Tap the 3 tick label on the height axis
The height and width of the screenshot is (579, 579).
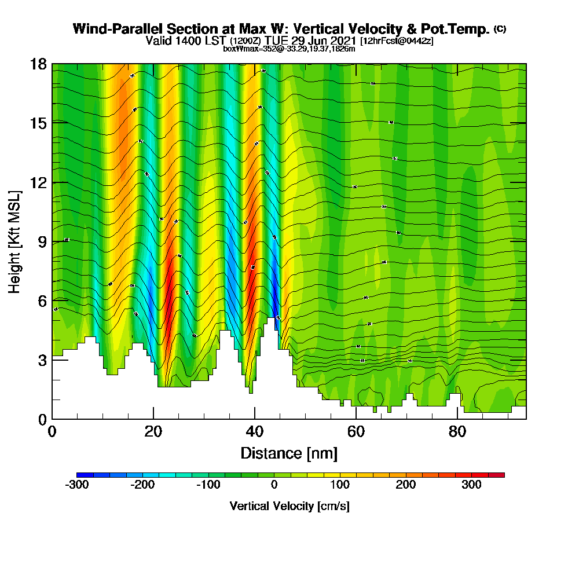coord(42,360)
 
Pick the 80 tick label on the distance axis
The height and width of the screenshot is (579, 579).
coord(457,431)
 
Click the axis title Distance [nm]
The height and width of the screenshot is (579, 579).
coord(289,452)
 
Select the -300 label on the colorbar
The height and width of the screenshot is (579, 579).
coord(78,485)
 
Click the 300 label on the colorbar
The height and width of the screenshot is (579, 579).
coord(471,485)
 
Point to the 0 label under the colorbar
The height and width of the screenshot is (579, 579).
coord(274,485)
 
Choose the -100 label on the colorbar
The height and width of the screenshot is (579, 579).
coord(208,485)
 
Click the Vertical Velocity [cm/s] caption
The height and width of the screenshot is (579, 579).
coord(289,506)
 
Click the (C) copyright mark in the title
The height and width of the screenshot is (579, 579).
coord(500,28)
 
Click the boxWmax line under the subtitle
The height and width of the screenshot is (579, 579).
coord(289,49)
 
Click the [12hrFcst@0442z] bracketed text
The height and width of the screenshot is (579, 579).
coord(397,41)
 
